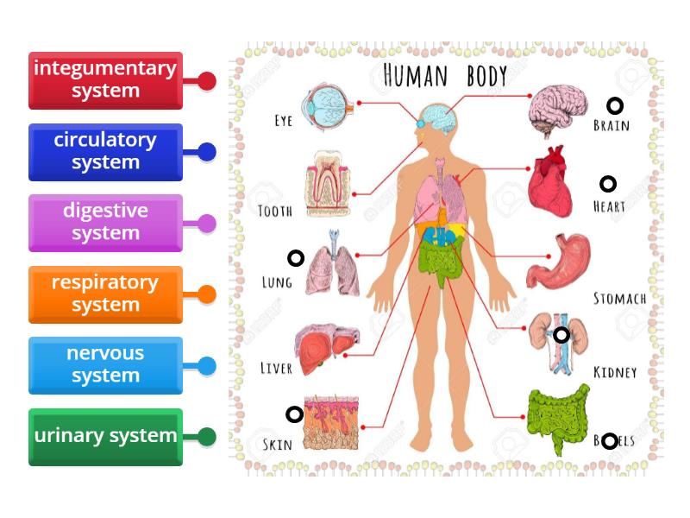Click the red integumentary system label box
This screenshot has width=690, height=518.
[105, 80]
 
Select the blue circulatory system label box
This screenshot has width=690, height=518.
[105, 152]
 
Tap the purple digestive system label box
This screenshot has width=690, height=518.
[105, 223]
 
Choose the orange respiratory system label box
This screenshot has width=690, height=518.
[105, 294]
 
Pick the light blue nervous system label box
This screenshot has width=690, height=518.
[105, 365]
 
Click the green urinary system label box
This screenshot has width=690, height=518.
[105, 437]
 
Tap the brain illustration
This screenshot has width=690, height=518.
[558, 110]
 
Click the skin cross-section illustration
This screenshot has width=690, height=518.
[331, 423]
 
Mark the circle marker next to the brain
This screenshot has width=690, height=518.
[615, 105]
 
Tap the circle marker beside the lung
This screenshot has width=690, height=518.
[296, 258]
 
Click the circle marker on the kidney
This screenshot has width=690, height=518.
[561, 335]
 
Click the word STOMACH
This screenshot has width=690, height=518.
[619, 299]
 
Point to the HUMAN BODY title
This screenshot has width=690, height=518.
[445, 76]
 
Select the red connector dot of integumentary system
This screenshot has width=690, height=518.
[207, 81]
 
